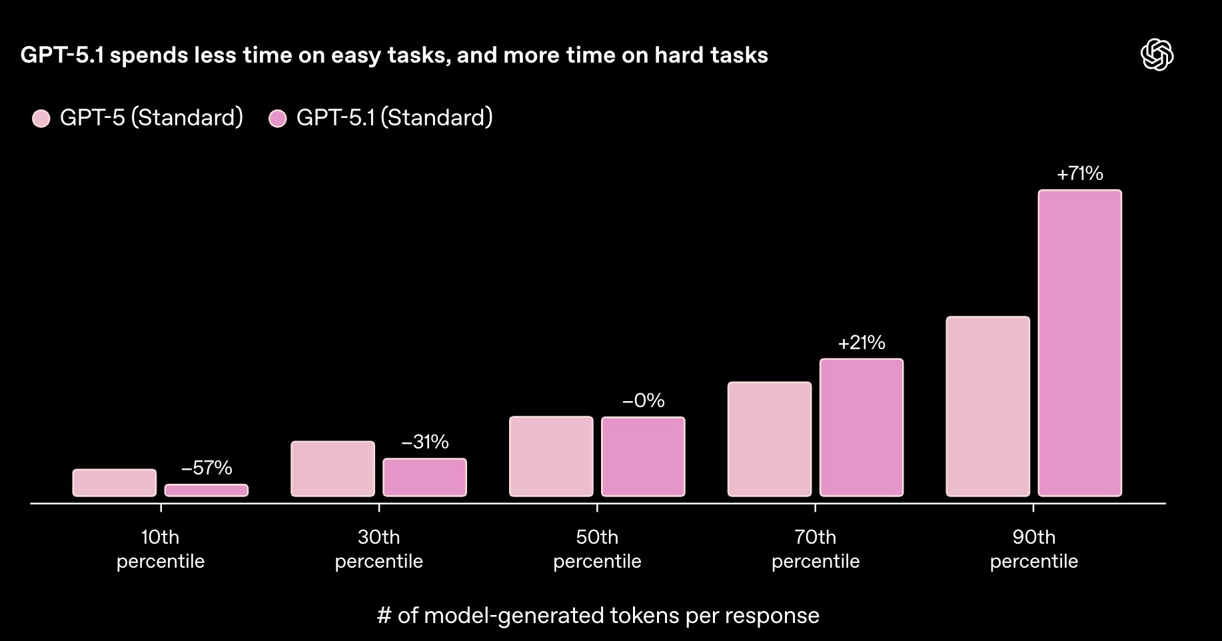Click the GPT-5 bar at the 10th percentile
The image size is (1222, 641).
115,482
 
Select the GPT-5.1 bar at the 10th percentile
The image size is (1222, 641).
207,490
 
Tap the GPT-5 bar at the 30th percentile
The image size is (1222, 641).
332,468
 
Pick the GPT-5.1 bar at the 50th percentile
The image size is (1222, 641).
643,456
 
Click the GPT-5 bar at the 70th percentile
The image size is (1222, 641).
770,439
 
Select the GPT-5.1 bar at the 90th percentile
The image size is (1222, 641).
1079,343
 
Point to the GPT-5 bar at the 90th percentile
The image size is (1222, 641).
987,406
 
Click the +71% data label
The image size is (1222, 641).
1079,174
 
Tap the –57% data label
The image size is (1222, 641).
207,468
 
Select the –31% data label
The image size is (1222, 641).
424,442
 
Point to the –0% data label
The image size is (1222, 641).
643,400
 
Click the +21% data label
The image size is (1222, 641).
861,343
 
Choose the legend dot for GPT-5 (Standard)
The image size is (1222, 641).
41,119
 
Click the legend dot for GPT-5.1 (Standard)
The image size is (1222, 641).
277,119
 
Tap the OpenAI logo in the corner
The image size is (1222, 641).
1157,55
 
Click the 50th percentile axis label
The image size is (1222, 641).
597,549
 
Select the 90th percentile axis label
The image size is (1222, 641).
1033,549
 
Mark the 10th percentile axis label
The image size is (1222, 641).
161,549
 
